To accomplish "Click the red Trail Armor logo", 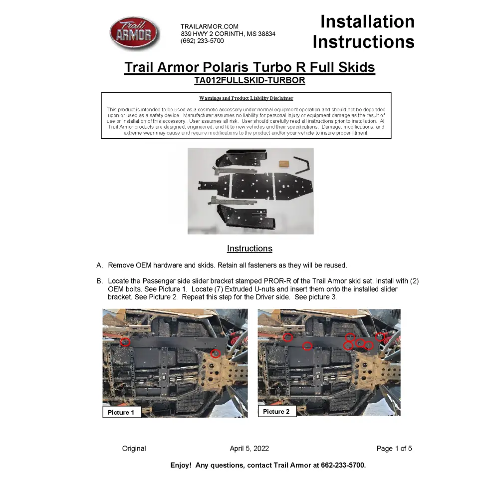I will (x=134, y=33).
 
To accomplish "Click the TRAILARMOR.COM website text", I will (x=209, y=26).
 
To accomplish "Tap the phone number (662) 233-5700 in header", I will (x=202, y=41).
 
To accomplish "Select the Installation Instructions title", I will (x=364, y=31).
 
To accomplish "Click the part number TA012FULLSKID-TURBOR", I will (x=249, y=80).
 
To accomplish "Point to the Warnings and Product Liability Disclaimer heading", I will (x=246, y=98).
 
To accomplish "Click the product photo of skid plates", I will (x=250, y=191).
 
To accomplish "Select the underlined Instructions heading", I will (x=249, y=249).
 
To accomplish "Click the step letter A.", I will (x=99, y=265).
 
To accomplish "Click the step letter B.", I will (x=99, y=281).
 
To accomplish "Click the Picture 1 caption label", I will (x=121, y=413).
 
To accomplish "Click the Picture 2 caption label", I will (x=276, y=412).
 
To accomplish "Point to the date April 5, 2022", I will (x=249, y=449).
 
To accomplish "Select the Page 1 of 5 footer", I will (x=394, y=449).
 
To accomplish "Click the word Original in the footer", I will (x=134, y=449).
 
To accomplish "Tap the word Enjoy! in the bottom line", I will (x=181, y=465).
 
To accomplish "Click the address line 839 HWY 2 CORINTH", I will (x=228, y=34).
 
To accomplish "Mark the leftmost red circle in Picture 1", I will (x=125, y=342).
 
